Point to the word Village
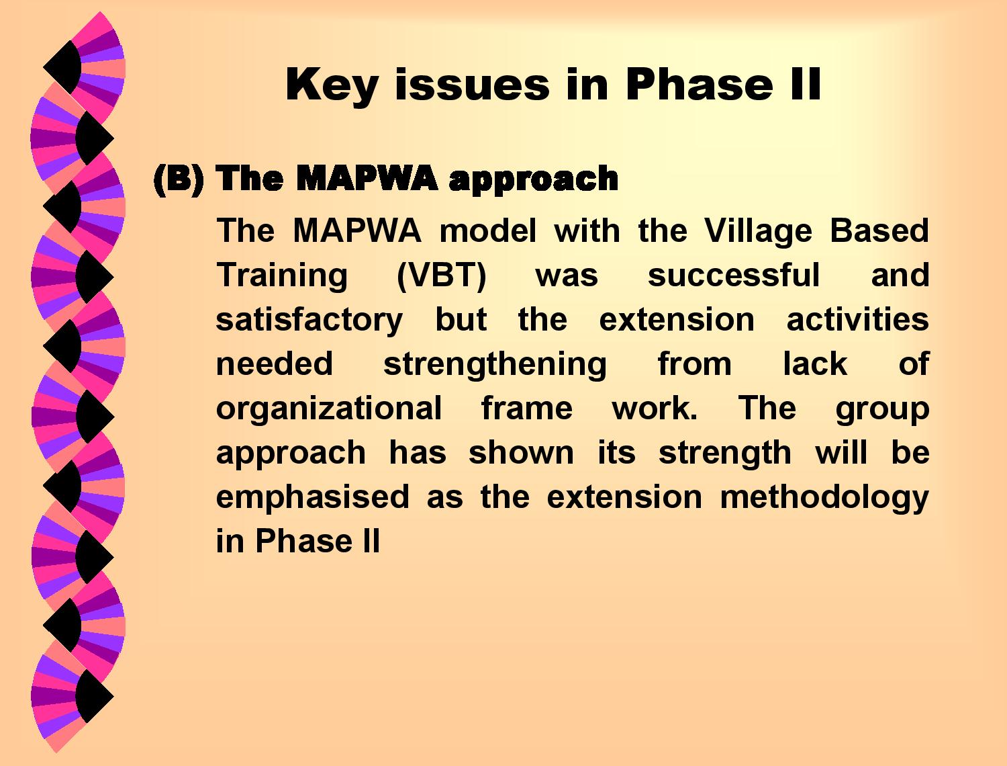pyautogui.click(x=759, y=231)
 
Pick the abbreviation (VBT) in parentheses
pyautogui.click(x=441, y=276)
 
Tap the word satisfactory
pyautogui.click(x=309, y=320)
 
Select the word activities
pyautogui.click(x=857, y=319)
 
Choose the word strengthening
pyautogui.click(x=495, y=364)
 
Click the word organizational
pyautogui.click(x=328, y=409)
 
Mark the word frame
pyautogui.click(x=527, y=408)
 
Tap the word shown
pyautogui.click(x=521, y=452)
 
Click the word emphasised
pyautogui.click(x=312, y=497)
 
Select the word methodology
pyautogui.click(x=824, y=498)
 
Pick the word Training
pyautogui.click(x=282, y=276)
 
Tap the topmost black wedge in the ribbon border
pyautogui.click(x=62, y=67)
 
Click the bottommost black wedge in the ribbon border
pyautogui.click(x=95, y=696)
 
